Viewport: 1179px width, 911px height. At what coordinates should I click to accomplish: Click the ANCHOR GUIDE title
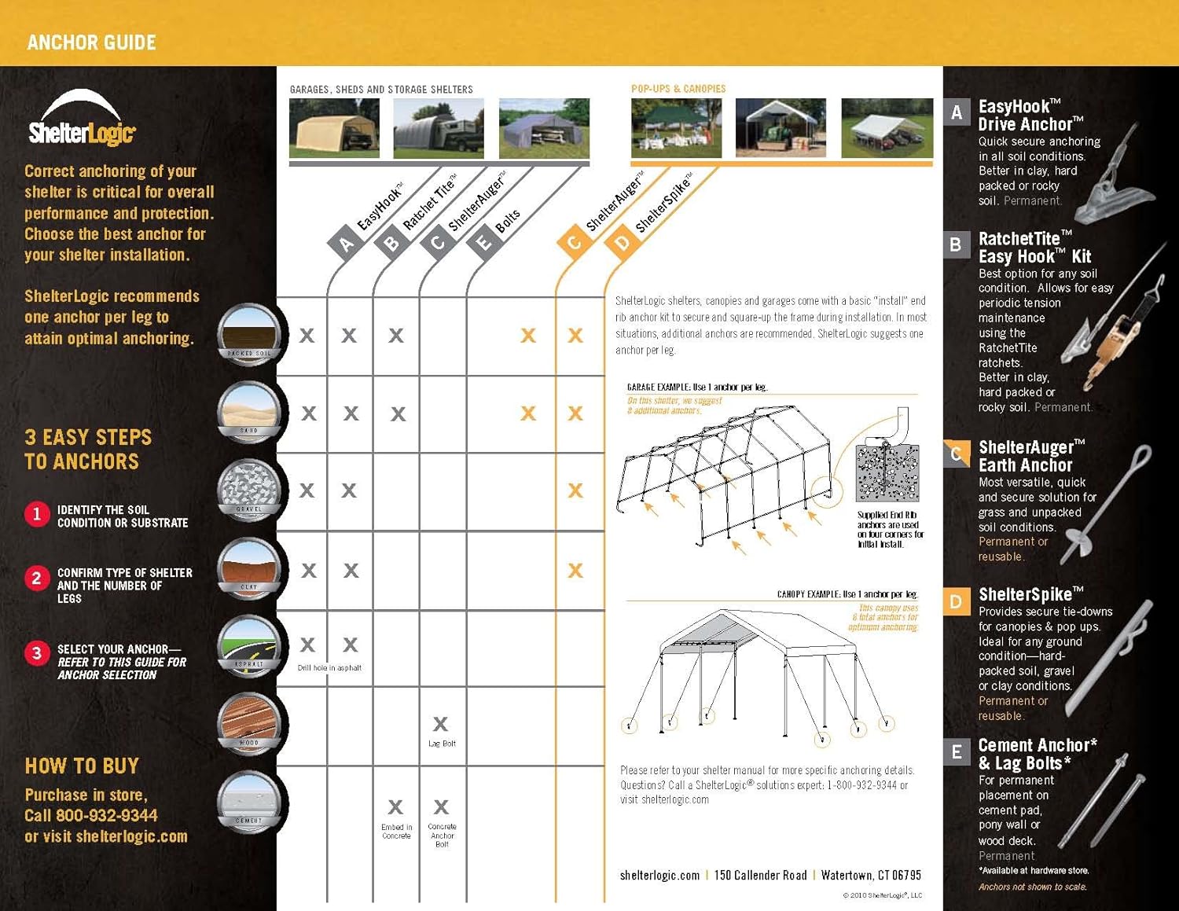coord(91,42)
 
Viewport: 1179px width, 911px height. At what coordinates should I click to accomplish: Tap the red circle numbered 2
coord(36,579)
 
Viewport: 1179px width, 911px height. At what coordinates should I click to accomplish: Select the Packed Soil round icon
coord(249,334)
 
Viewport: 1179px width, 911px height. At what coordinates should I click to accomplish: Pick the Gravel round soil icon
coord(249,489)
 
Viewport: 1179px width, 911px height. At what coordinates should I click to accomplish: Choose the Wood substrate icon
coord(249,722)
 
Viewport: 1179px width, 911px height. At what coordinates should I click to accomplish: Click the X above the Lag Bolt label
coord(440,723)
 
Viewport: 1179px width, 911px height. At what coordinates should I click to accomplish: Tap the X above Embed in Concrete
coord(395,806)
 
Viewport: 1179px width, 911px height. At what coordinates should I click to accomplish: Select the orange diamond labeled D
coord(623,243)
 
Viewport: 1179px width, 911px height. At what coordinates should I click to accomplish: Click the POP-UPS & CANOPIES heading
coord(678,89)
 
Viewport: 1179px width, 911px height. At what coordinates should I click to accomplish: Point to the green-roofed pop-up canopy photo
coord(676,127)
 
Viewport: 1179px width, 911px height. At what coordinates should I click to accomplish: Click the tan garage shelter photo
coord(334,127)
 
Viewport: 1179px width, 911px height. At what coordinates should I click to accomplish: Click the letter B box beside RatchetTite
coord(956,244)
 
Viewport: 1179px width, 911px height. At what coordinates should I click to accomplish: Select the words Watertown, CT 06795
coord(871,875)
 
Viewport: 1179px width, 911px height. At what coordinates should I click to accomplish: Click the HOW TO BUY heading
coord(82,766)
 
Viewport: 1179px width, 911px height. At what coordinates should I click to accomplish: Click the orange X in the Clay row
coord(575,570)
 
